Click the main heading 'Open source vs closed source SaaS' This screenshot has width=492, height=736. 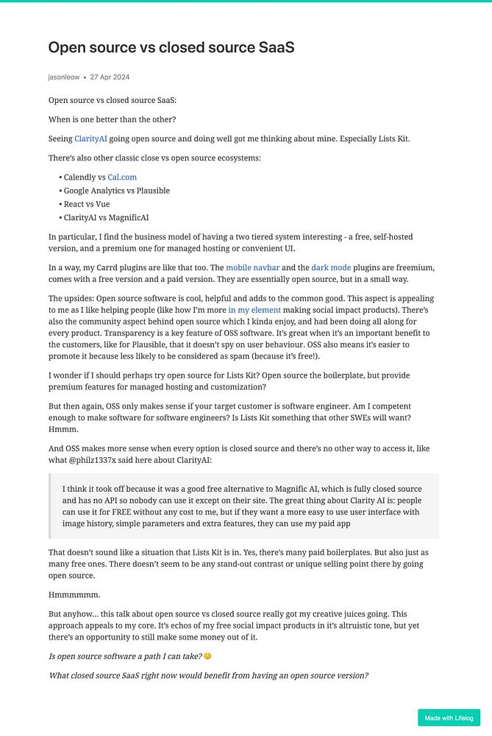[x=171, y=48]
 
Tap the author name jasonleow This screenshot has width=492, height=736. [x=63, y=77]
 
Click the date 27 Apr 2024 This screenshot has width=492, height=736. [x=110, y=77]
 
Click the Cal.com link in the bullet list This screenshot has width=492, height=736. [x=121, y=177]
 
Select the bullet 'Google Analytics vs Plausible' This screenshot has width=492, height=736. [x=116, y=191]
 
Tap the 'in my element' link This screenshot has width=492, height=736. [x=254, y=311]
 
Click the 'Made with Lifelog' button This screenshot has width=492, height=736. [x=449, y=718]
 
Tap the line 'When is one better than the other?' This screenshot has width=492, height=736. [x=112, y=119]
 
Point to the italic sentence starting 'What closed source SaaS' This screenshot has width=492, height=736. [x=208, y=675]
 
